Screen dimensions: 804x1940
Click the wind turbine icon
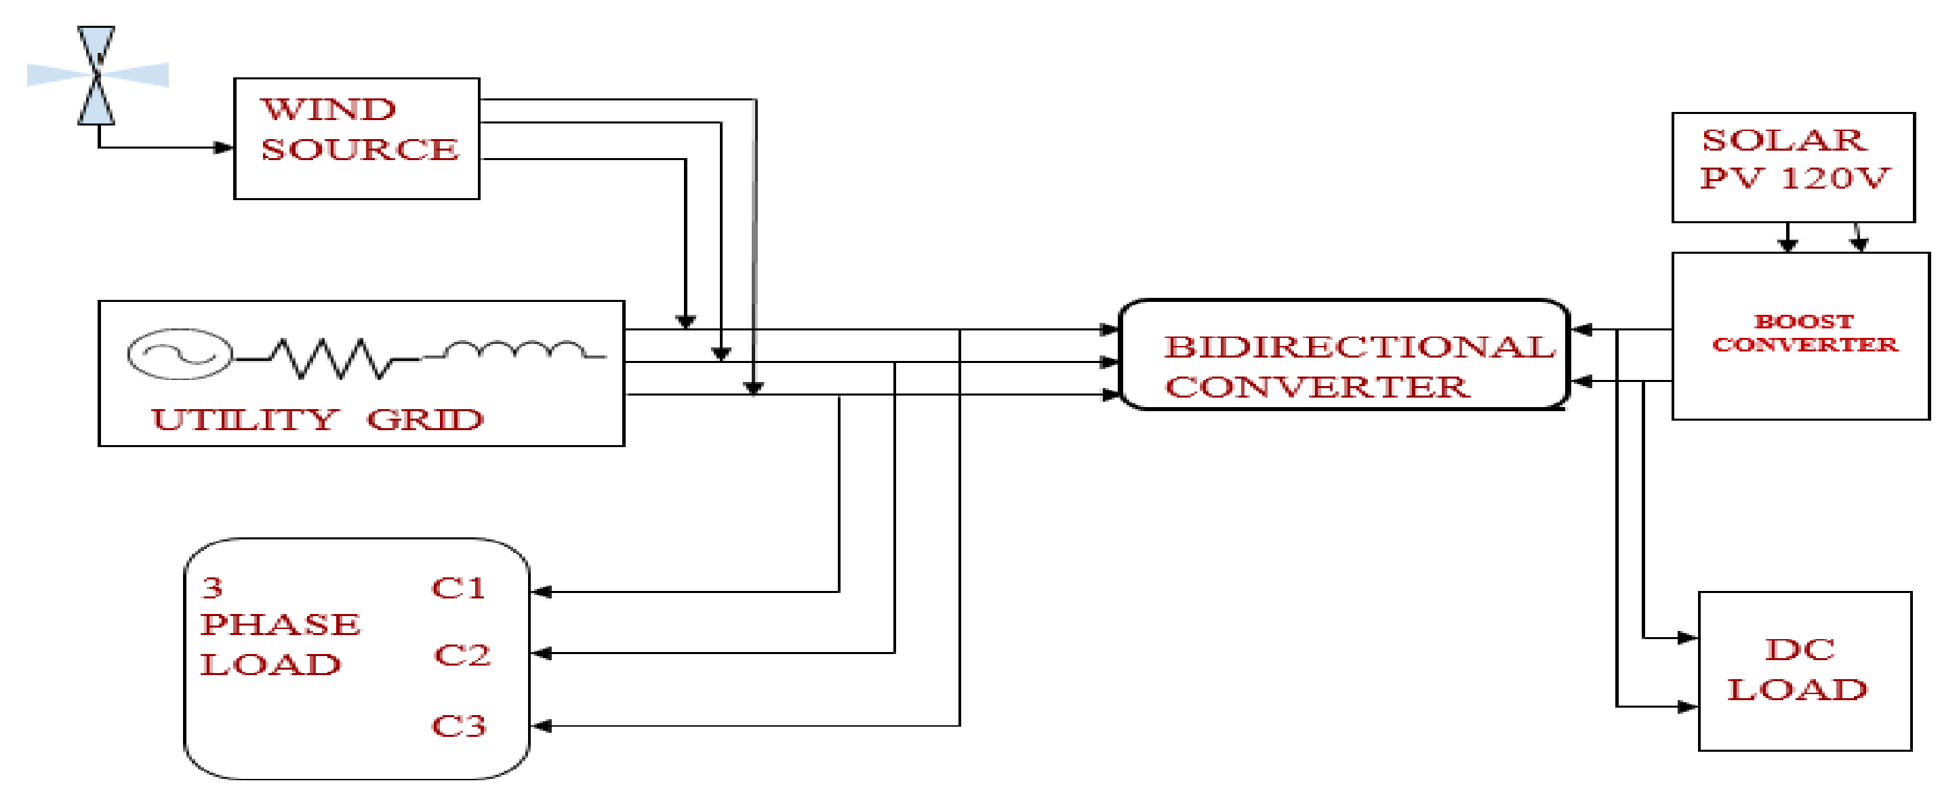tap(96, 75)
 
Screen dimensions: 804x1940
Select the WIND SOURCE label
tap(359, 130)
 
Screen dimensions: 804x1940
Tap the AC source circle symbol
tap(179, 353)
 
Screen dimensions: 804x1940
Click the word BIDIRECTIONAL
tap(1358, 347)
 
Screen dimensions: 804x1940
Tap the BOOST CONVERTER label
tap(1804, 333)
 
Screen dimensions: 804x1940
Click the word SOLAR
tap(1783, 140)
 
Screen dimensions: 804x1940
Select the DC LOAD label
tap(1798, 670)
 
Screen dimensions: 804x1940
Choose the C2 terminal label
tap(462, 654)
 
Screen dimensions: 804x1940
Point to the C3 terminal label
tap(459, 725)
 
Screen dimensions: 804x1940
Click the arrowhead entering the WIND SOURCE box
tap(224, 147)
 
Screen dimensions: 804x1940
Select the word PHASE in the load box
tap(280, 625)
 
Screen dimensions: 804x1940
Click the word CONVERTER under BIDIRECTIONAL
tap(1316, 387)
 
